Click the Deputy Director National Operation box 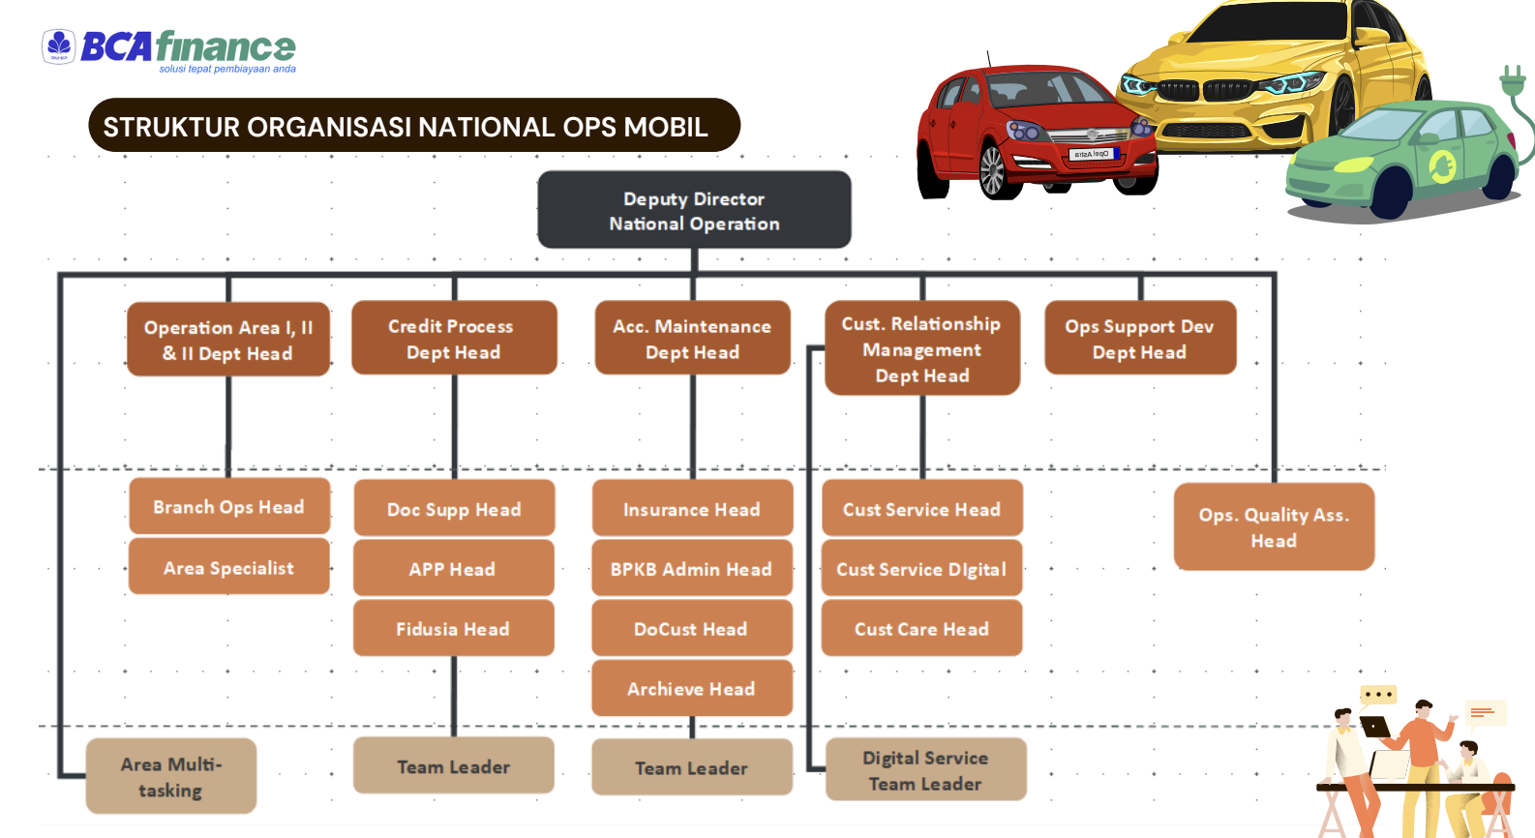694,210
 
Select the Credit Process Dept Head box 454,338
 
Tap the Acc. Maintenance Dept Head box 692,338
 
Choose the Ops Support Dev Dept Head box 1139,338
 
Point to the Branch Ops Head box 228,506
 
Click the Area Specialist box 228,567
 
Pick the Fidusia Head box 453,628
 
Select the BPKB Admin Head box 691,568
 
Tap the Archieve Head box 691,688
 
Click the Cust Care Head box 921,628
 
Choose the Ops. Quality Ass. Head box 1274,526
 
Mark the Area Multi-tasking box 171,776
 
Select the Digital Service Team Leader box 925,769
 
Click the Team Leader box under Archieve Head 691,767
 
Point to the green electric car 1403,155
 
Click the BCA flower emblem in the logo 59,45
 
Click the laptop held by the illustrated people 1375,727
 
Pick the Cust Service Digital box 921,568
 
